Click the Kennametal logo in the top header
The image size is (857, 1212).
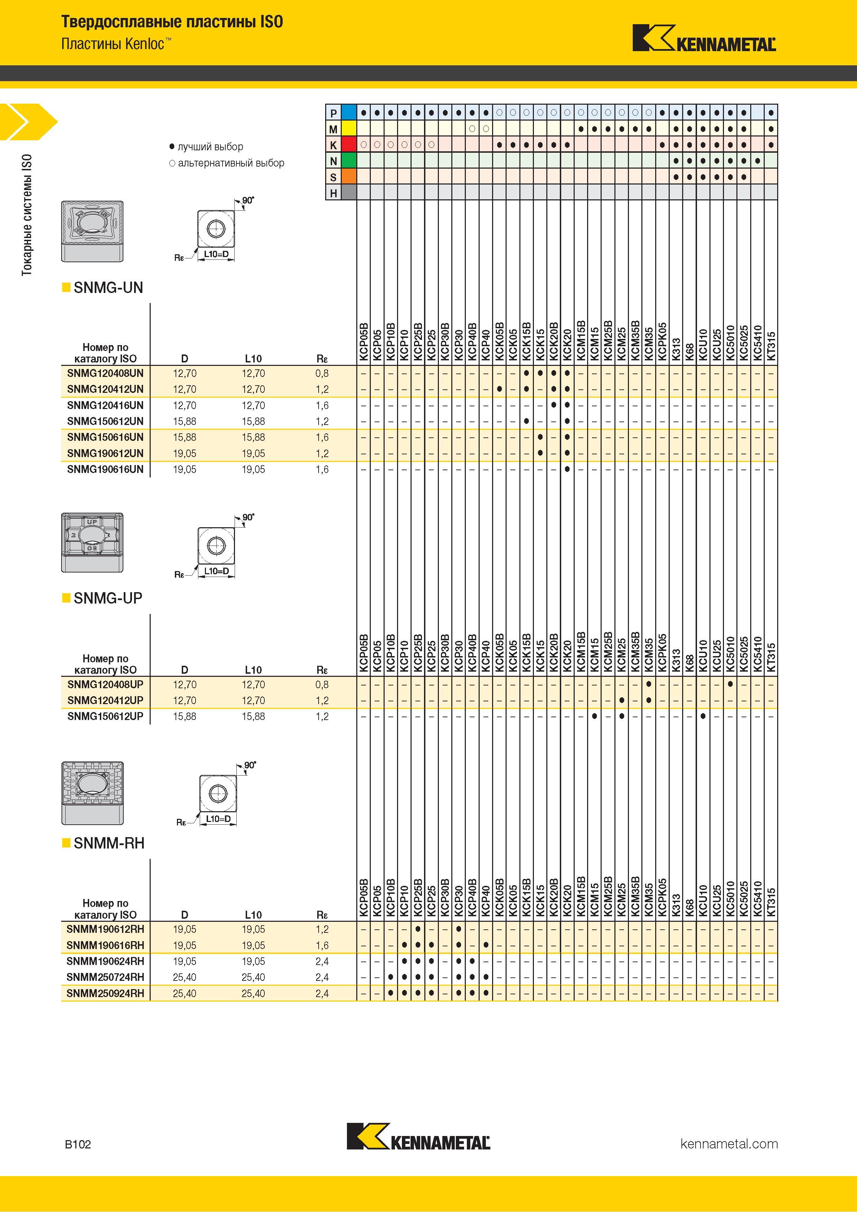point(704,38)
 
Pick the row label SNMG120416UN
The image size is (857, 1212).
point(105,405)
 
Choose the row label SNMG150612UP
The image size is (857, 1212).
point(105,716)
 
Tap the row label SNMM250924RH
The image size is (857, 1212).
point(105,993)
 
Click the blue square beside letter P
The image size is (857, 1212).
point(349,112)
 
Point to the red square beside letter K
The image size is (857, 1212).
point(349,145)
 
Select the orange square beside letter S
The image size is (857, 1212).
point(349,177)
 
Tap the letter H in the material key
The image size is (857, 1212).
point(333,193)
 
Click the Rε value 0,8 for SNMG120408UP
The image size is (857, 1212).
point(322,685)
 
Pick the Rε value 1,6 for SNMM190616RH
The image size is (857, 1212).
point(322,945)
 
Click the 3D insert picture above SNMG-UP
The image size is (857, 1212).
point(92,542)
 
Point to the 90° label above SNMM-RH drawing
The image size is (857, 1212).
point(250,765)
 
